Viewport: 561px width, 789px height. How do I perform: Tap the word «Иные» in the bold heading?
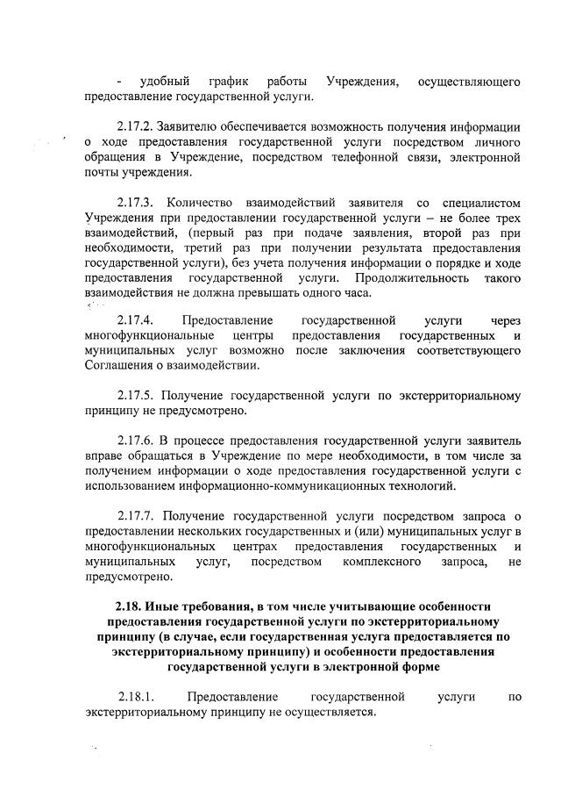[x=167, y=607]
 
